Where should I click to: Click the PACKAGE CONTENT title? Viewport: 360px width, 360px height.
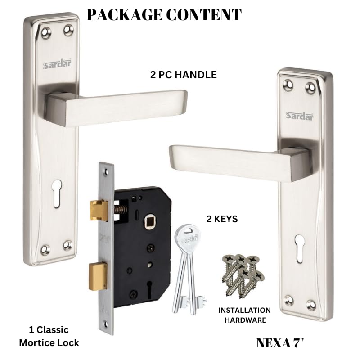(164, 15)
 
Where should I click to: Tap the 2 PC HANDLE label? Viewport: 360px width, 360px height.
(183, 75)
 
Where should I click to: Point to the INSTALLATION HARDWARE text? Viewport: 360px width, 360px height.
(244, 315)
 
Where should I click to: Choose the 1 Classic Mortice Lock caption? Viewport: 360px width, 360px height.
(49, 336)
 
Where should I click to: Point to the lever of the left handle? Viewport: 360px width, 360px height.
(121, 103)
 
